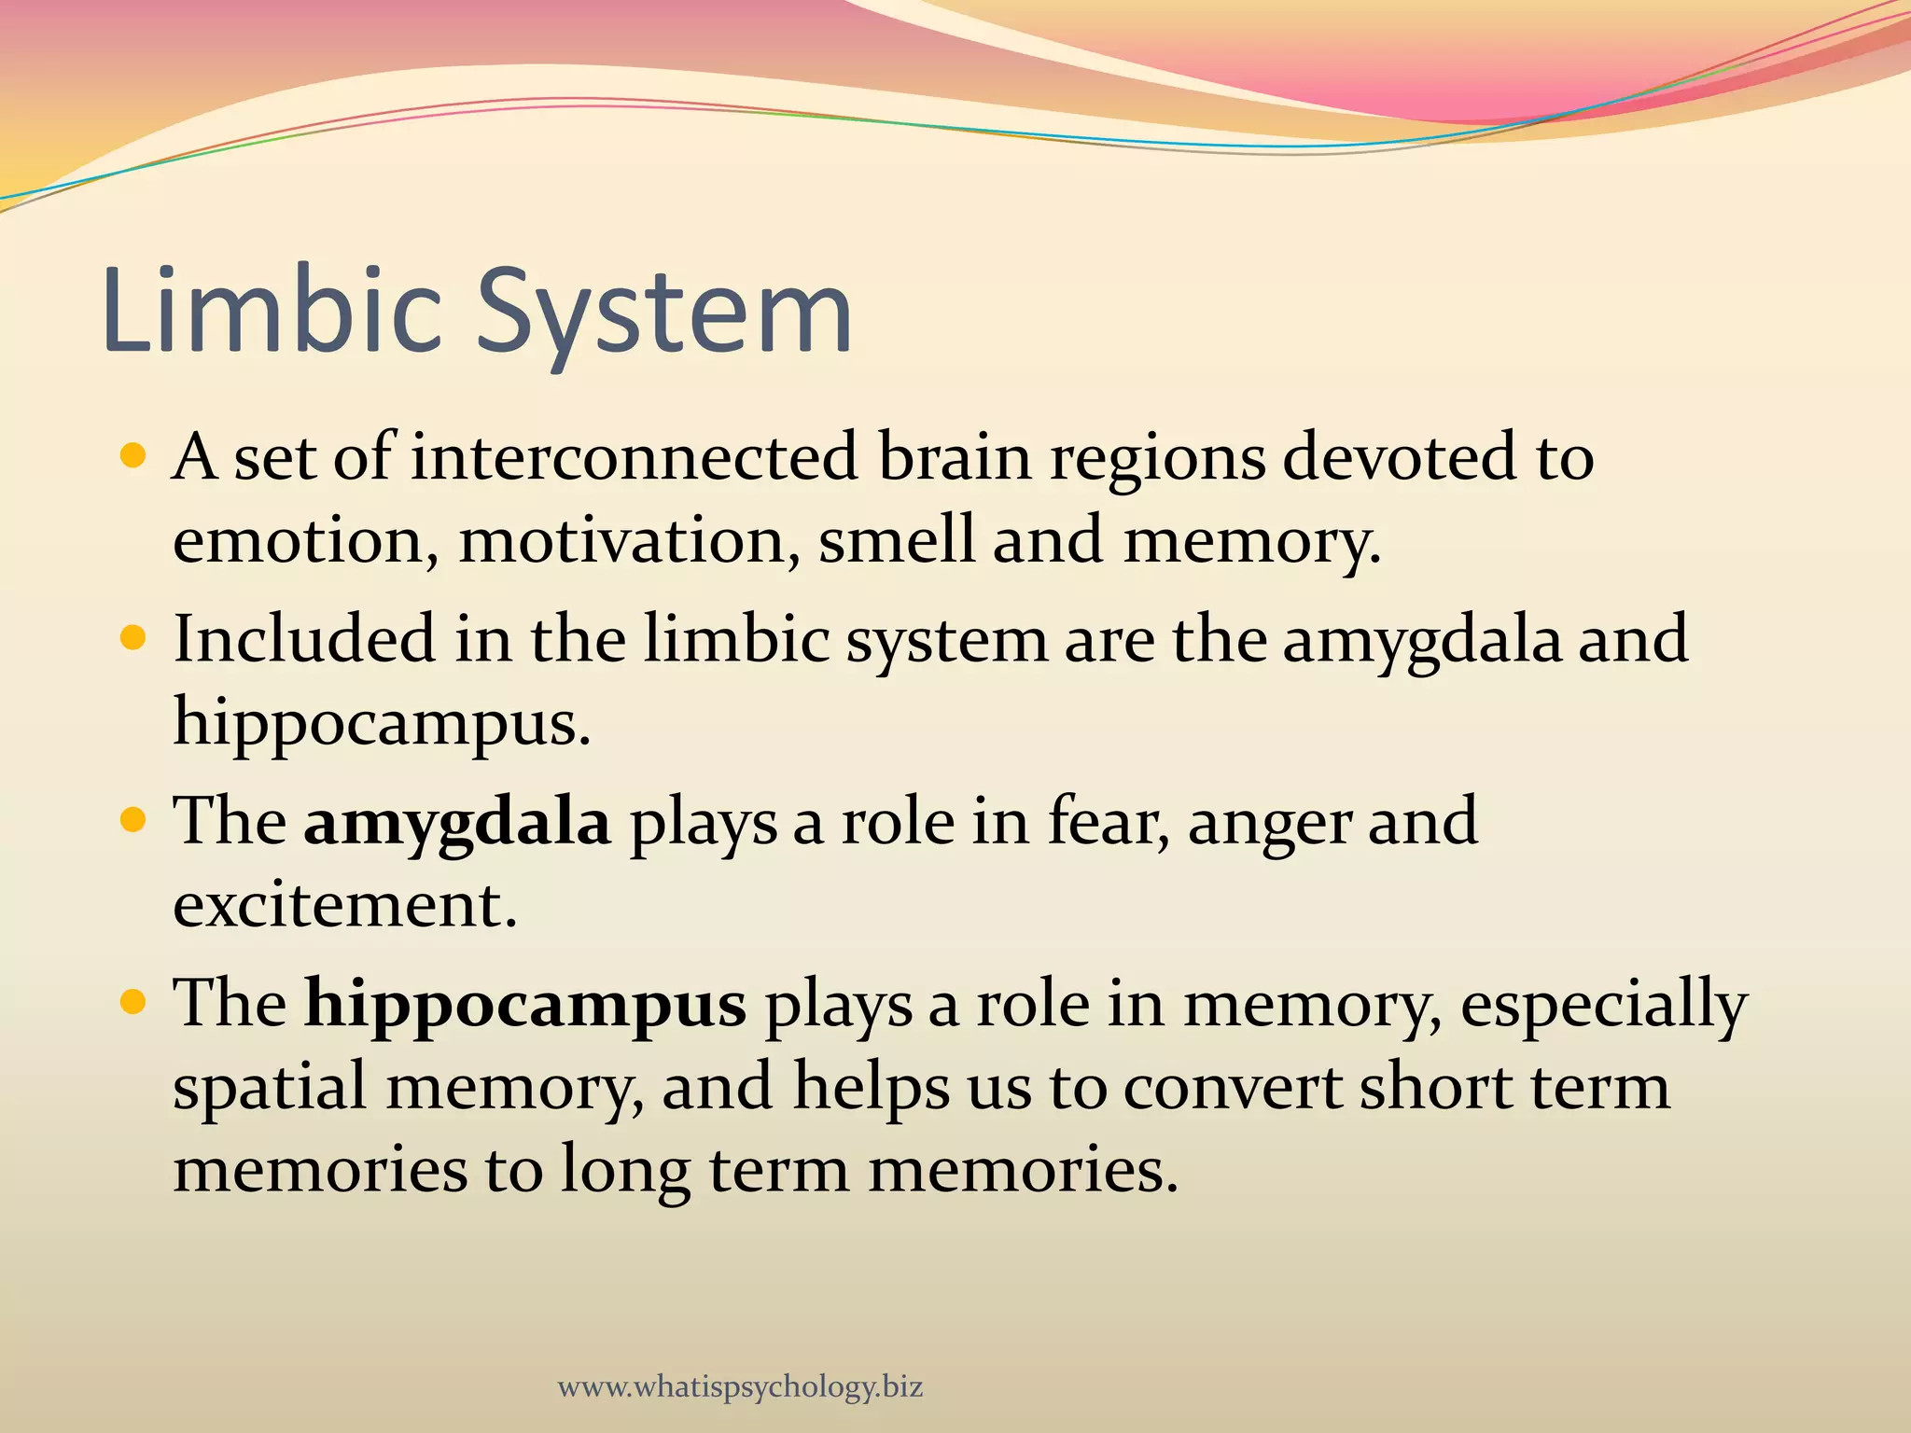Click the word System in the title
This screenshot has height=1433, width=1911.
click(x=664, y=313)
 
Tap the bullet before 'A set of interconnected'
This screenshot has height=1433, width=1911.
click(x=134, y=457)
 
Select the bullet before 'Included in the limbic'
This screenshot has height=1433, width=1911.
click(x=134, y=639)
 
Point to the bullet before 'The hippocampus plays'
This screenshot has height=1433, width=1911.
click(x=134, y=1003)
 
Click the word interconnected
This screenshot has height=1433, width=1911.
click(x=635, y=457)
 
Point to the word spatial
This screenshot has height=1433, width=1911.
click(x=270, y=1088)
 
